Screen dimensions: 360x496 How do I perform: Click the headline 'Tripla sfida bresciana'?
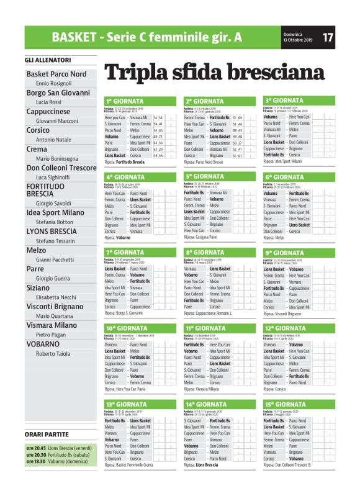[x=214, y=73]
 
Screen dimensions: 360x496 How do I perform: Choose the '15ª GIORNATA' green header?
[x=286, y=404]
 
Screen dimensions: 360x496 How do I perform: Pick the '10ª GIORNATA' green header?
[x=127, y=328]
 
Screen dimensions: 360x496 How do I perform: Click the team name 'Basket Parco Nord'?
[x=56, y=74]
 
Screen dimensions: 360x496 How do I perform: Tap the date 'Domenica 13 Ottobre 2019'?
[x=297, y=37]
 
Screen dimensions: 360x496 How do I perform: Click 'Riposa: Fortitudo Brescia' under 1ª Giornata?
[x=125, y=161]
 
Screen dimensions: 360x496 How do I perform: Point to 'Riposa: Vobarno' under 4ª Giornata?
[x=118, y=237]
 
